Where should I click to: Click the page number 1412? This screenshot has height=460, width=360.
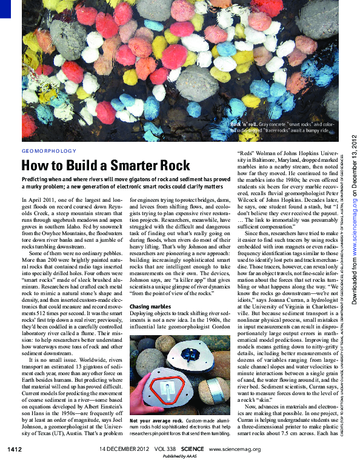[15, 449]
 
